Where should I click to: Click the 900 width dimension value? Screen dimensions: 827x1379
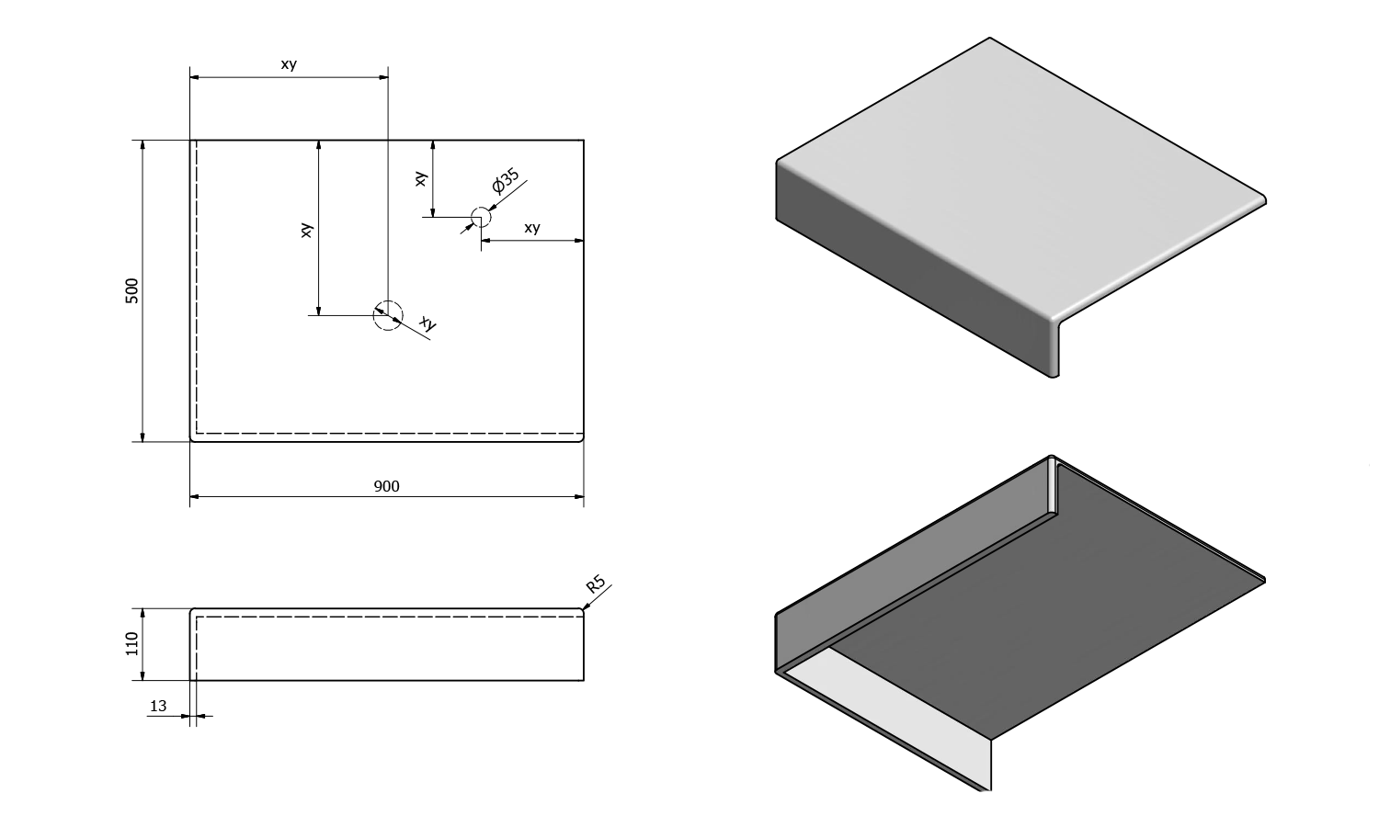point(386,486)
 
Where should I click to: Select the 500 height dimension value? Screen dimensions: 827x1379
point(131,290)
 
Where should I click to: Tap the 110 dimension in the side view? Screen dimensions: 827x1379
point(131,643)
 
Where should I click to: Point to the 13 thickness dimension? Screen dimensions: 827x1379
point(158,706)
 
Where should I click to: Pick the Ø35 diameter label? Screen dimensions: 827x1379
point(506,181)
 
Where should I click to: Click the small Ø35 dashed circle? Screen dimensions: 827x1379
point(480,218)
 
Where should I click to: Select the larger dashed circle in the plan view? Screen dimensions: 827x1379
point(388,315)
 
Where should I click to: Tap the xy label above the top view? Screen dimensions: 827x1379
point(289,64)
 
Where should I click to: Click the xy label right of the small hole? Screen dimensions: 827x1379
point(531,228)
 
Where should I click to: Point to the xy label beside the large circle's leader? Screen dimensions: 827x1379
point(427,323)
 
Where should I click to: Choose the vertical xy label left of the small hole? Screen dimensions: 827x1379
point(420,179)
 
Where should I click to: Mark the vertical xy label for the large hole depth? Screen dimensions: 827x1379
point(307,230)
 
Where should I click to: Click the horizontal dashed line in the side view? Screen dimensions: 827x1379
point(386,617)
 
